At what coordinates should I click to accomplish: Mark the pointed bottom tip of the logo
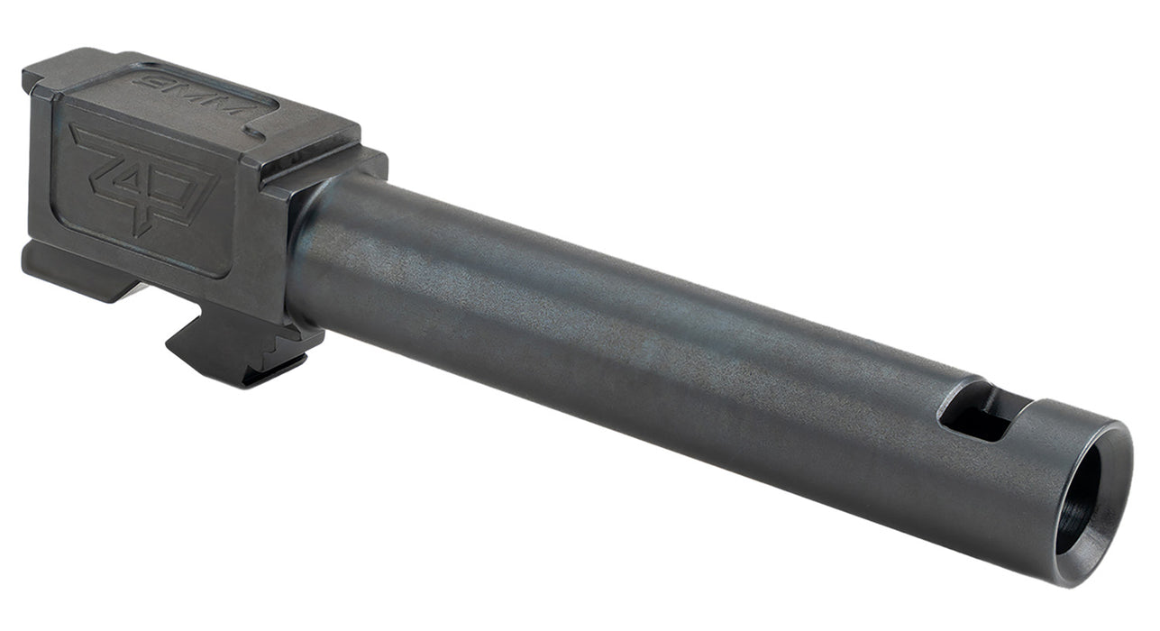[x=140, y=232]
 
